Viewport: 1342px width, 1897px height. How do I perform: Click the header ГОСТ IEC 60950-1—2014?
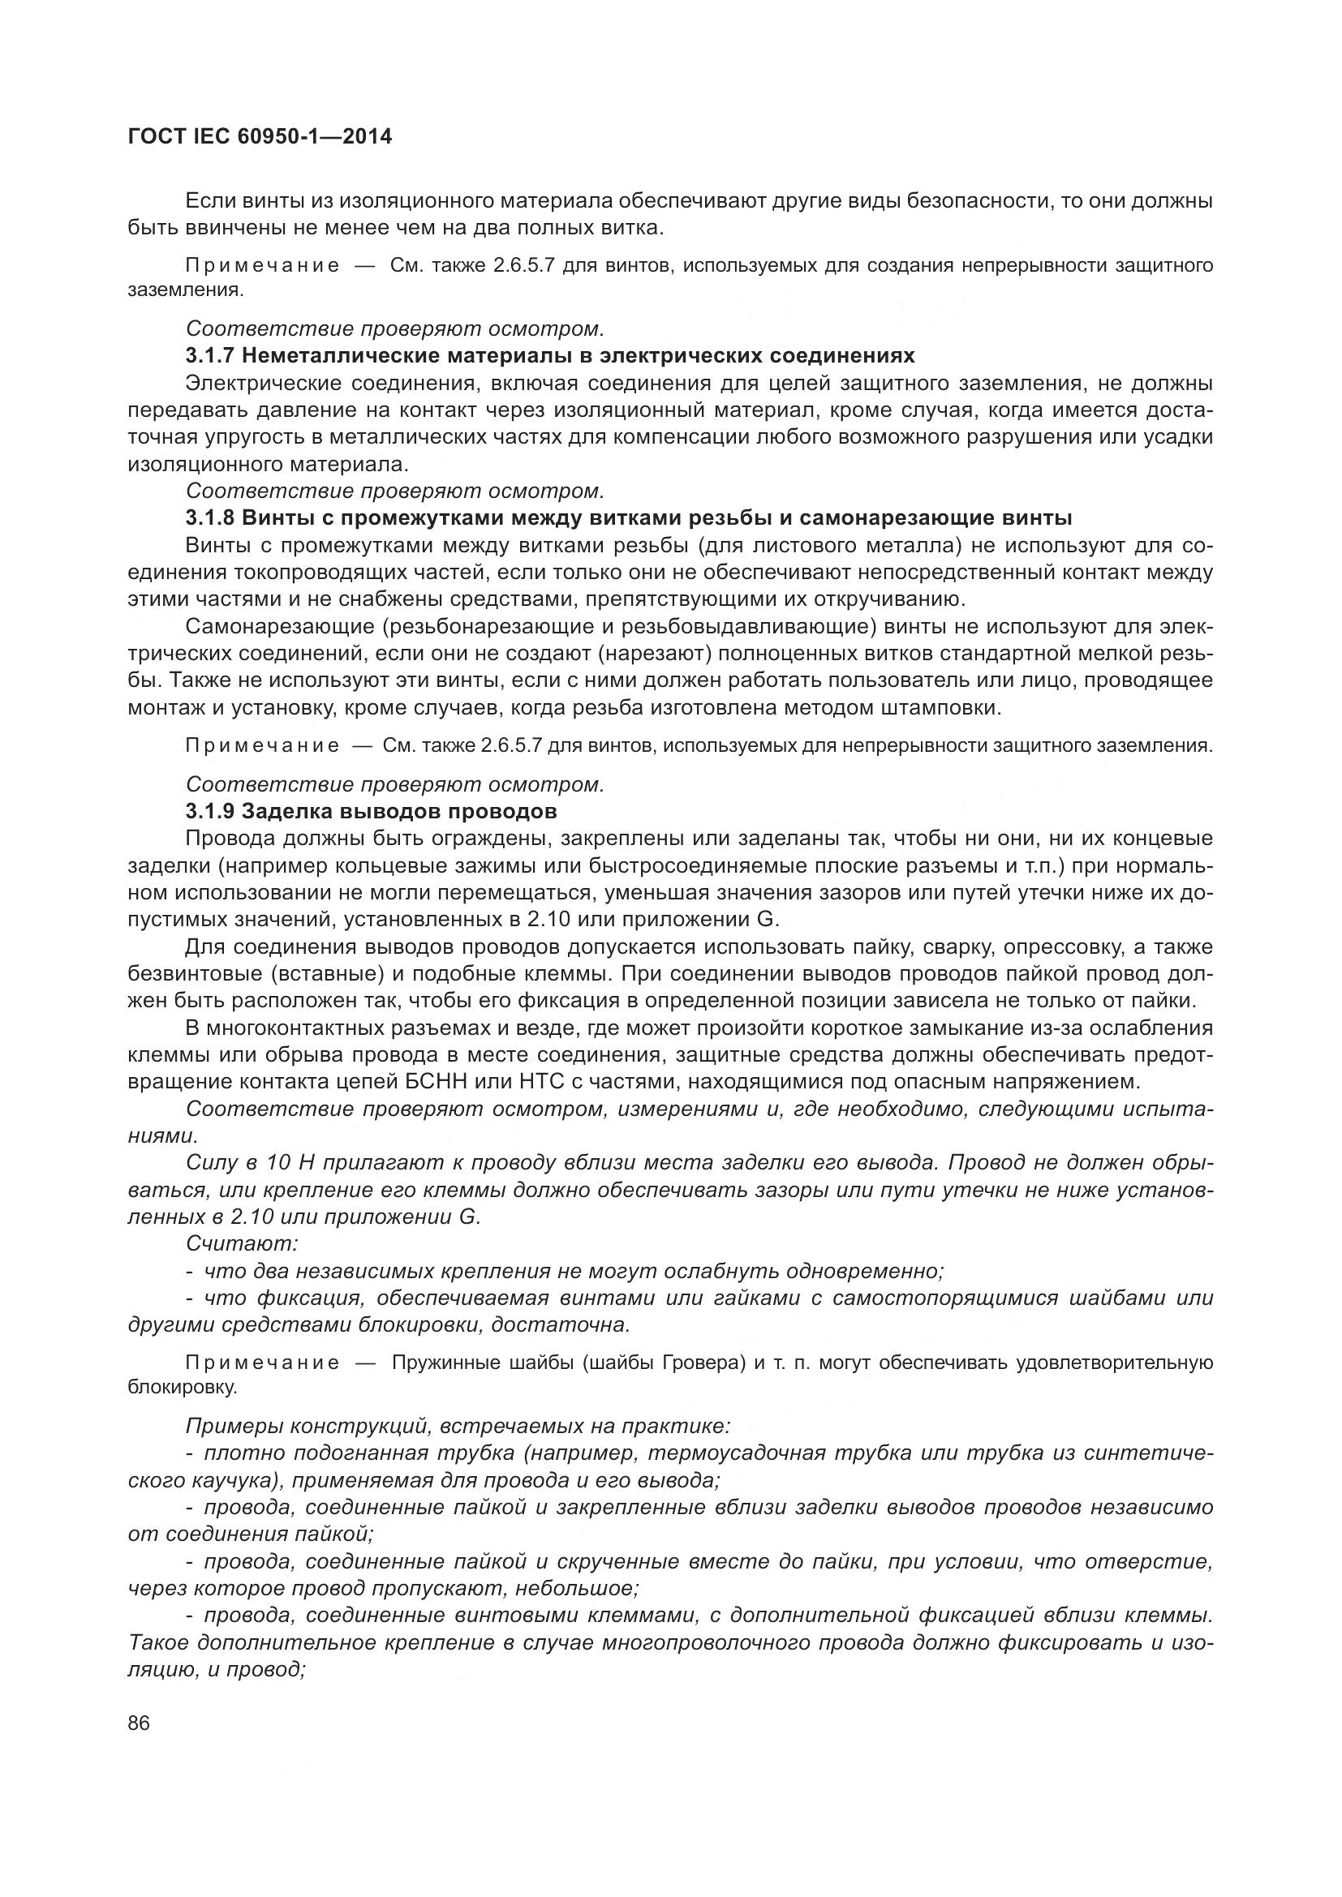coord(260,137)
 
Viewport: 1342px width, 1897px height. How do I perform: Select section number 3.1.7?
coord(211,356)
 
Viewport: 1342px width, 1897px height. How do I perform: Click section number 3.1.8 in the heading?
coord(211,518)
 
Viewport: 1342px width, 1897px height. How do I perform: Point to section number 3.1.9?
coord(211,811)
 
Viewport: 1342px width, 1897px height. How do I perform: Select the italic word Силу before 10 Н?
coord(212,1162)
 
